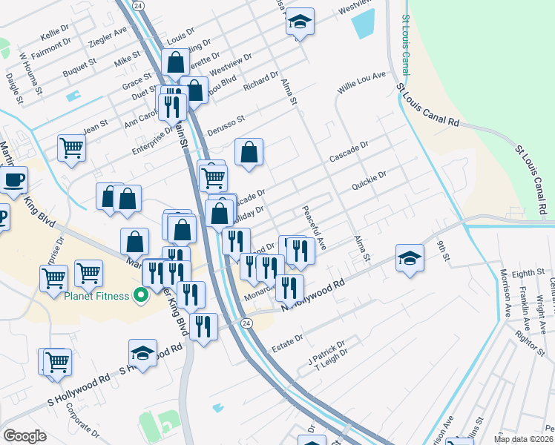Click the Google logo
24,436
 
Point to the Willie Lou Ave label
363,82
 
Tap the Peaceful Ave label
314,227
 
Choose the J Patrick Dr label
327,353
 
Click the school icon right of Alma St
410,259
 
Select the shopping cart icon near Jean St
71,147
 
